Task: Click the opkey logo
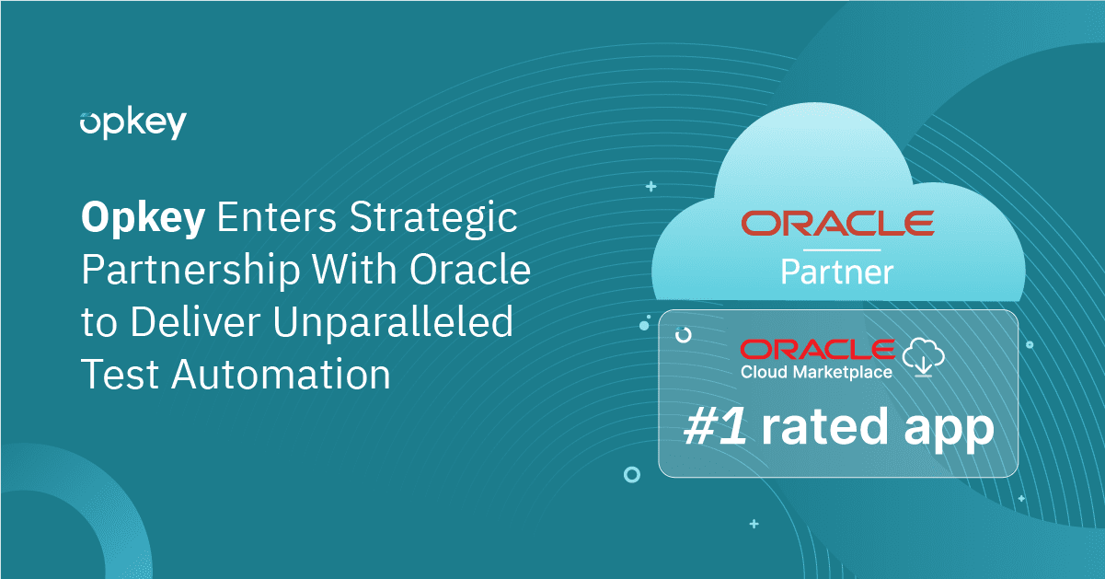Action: coord(132,122)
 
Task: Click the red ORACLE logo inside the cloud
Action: coord(837,223)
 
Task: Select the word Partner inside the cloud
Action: coord(837,272)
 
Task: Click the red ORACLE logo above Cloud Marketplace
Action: coord(817,350)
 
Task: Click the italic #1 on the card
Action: coord(715,428)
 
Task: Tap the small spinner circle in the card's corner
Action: coord(684,335)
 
